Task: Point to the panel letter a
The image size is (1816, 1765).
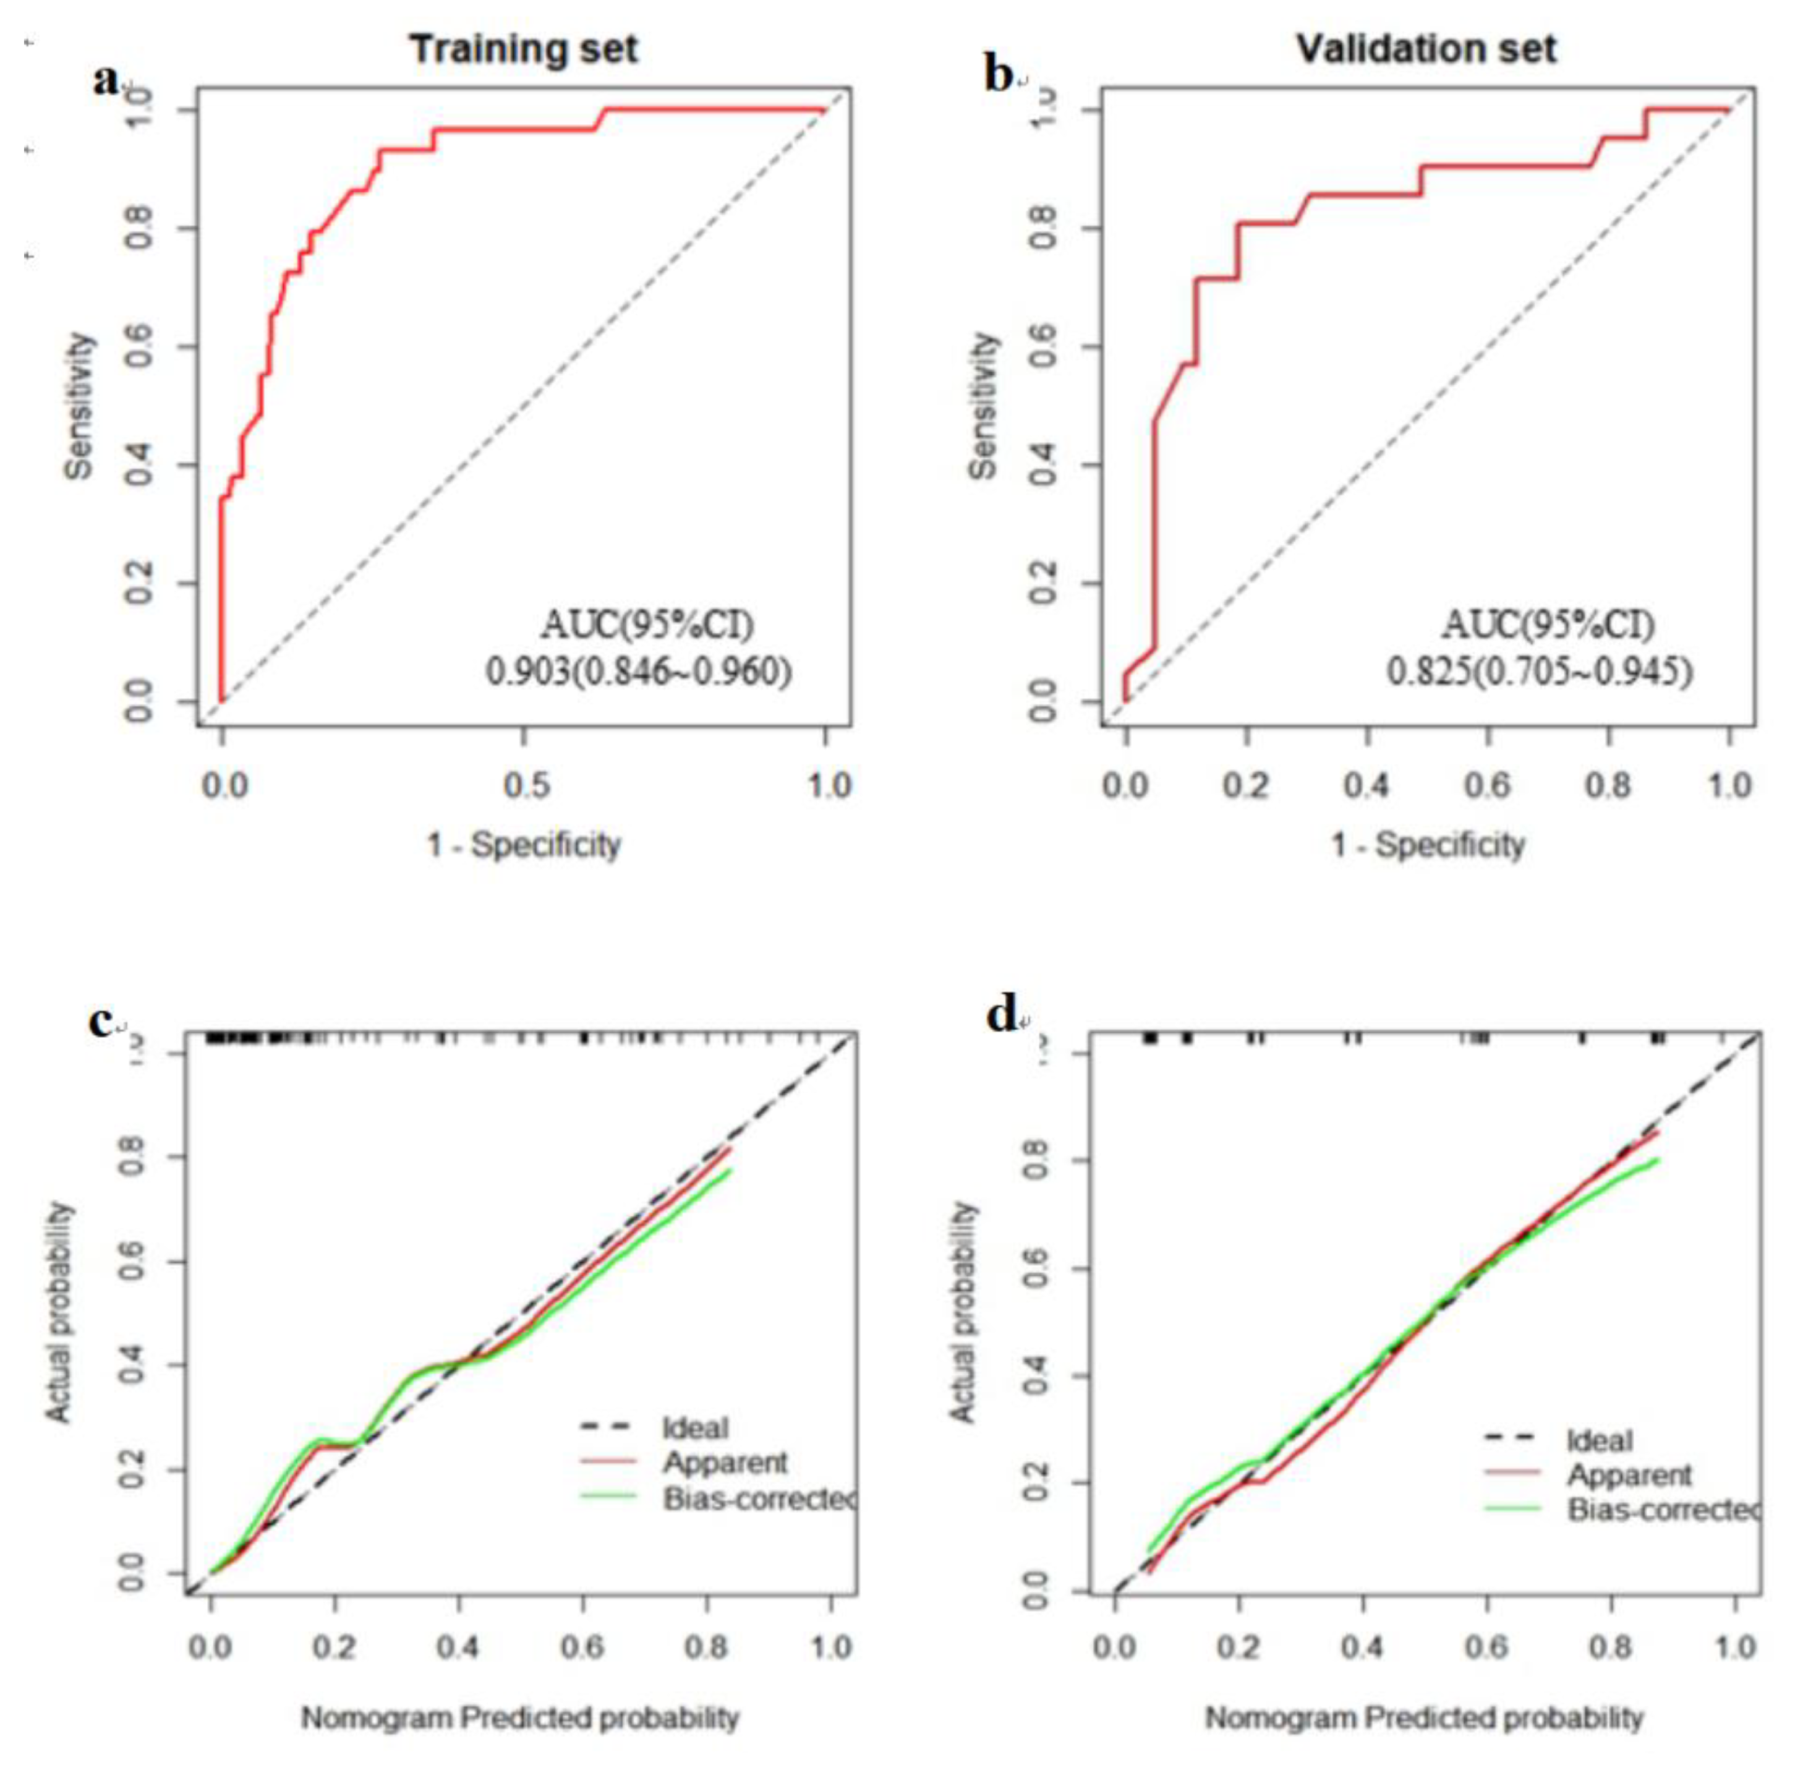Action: pyautogui.click(x=106, y=80)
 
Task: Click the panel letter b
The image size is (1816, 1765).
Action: pyautogui.click(x=999, y=76)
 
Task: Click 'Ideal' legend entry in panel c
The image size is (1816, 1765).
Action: pyautogui.click(x=695, y=1429)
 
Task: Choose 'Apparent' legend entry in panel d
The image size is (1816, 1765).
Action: pyautogui.click(x=1629, y=1475)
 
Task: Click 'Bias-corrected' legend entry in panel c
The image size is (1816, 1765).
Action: pyautogui.click(x=757, y=1499)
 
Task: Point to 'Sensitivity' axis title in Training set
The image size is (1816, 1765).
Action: pyautogui.click(x=79, y=406)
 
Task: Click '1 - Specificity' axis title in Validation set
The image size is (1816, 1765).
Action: pyautogui.click(x=1428, y=845)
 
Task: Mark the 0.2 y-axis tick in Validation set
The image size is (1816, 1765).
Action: pyautogui.click(x=1044, y=583)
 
